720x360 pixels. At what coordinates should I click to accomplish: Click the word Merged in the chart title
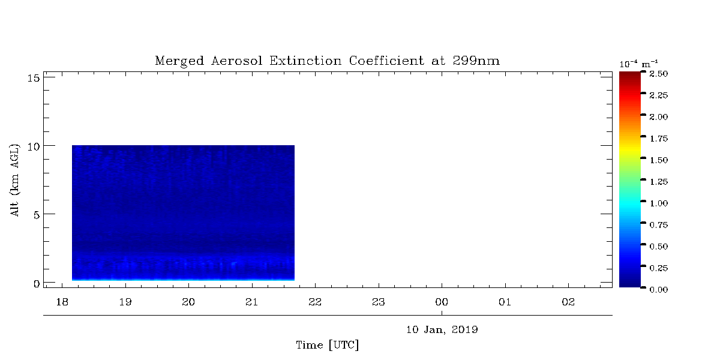pos(179,61)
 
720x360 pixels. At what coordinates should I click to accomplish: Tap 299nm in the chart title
pos(476,61)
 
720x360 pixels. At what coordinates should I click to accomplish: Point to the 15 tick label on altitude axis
pos(33,78)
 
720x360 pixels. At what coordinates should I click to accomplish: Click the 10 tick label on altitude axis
pos(33,147)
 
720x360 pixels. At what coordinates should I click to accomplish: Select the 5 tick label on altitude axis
pos(37,215)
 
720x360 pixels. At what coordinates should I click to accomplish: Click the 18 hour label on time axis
pos(62,302)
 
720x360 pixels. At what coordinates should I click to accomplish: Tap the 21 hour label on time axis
pos(251,302)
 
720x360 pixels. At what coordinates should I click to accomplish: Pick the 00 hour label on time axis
pos(442,302)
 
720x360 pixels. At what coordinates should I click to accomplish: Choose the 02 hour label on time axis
pos(568,302)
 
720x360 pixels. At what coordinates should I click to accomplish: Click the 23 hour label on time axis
pos(379,302)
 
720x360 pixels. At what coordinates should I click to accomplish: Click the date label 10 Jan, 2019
pos(442,330)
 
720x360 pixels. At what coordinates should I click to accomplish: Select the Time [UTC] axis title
pos(327,345)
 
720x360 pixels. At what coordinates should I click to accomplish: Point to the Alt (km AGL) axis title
pos(15,180)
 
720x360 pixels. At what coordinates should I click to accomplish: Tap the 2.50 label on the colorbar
pos(659,74)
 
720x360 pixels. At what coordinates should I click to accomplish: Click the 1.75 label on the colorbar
pos(659,139)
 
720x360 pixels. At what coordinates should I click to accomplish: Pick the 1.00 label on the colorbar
pos(659,203)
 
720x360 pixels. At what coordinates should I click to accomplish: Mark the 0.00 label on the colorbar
pos(659,290)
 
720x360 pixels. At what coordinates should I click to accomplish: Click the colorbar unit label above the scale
pos(638,64)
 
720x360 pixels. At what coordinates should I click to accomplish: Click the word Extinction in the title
pos(305,61)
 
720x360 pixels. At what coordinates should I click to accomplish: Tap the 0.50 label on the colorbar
pos(659,247)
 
